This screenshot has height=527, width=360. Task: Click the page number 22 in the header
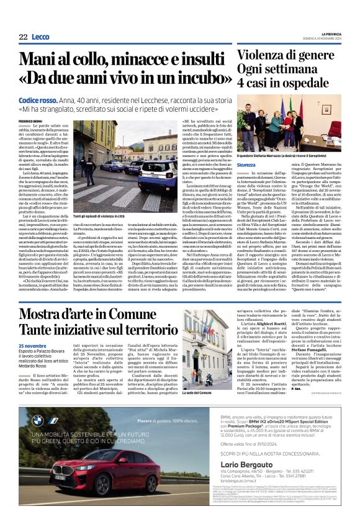pyautogui.click(x=23, y=37)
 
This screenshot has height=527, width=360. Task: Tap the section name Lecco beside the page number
pyautogui.click(x=41, y=37)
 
